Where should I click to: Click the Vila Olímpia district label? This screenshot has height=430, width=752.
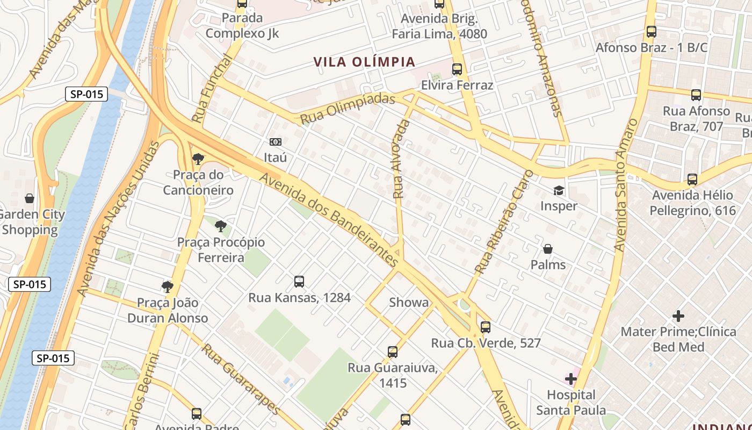[x=365, y=62]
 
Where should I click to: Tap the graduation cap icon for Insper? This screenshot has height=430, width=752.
[x=559, y=190]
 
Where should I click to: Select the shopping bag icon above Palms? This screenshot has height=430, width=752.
[x=548, y=249]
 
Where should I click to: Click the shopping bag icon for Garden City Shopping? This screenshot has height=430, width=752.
[x=30, y=198]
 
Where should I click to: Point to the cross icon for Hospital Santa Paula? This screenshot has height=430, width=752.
[x=571, y=379]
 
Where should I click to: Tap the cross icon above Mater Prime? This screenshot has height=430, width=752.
[x=678, y=316]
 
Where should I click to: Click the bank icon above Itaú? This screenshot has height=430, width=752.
[x=276, y=142]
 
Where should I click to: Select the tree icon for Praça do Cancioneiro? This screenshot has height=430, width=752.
[x=198, y=159]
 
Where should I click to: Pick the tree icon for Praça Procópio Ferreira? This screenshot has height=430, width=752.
[x=220, y=226]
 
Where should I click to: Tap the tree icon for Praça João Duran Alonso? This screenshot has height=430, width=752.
[x=168, y=286]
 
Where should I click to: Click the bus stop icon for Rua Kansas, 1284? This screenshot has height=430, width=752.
[x=299, y=282]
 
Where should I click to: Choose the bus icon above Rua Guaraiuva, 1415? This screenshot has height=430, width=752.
[x=393, y=352]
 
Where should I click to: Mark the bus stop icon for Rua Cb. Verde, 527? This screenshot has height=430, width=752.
[x=486, y=327]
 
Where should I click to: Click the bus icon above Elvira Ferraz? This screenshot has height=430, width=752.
[x=457, y=69]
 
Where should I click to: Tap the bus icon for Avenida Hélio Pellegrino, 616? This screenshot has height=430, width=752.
[x=692, y=180]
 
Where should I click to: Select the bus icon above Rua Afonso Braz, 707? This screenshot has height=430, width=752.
[x=696, y=95]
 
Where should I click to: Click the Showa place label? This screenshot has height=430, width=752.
[x=409, y=303]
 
